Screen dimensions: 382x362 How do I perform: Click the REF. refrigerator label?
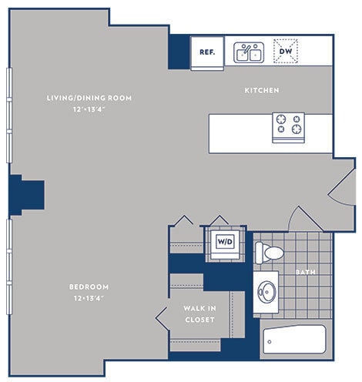tap(206, 52)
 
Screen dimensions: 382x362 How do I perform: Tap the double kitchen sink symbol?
tap(250, 52)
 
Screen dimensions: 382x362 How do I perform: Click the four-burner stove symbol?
tap(288, 127)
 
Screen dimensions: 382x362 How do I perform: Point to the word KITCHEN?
tap(262, 91)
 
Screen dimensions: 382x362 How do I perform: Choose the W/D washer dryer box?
tap(225, 242)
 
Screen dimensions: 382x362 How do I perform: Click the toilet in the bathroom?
tap(269, 252)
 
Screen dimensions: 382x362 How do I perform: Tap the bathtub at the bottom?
tap(293, 339)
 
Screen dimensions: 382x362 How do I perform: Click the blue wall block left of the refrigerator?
tap(179, 52)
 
